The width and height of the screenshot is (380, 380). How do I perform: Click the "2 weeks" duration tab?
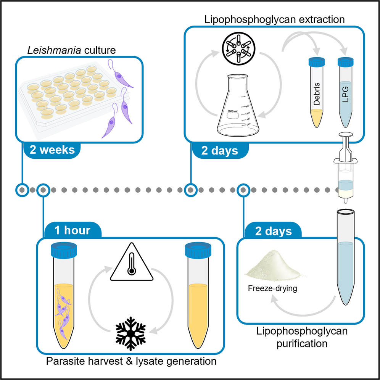(x=53, y=150)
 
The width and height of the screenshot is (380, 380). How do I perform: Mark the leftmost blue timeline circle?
(x=23, y=189)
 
